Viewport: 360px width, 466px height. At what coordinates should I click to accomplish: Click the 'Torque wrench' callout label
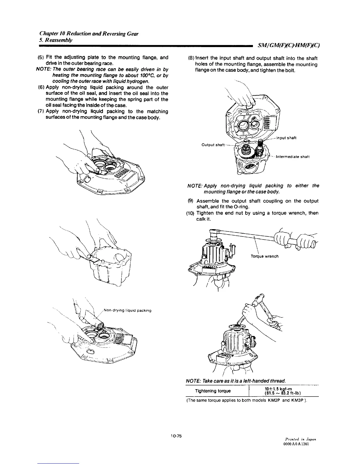coord(264,256)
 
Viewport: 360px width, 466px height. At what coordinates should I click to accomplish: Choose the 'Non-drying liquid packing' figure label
coord(128,310)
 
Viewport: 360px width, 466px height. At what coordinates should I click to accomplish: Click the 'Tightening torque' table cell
coord(213,391)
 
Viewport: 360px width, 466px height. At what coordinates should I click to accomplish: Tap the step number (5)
coord(41,57)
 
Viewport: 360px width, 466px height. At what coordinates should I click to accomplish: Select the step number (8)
coord(190,58)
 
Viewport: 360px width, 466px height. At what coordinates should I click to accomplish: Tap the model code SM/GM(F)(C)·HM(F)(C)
coord(288,46)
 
